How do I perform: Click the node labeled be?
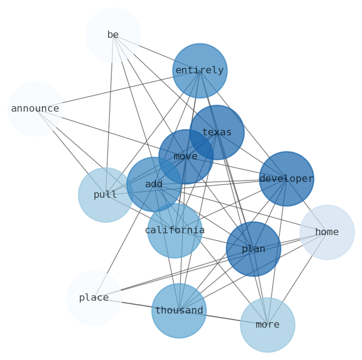point(113,35)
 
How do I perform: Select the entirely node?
point(200,71)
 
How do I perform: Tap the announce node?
point(35,109)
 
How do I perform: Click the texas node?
point(217,133)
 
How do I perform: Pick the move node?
point(186,157)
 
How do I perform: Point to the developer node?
point(286,179)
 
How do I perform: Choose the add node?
point(154,185)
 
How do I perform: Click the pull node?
point(105,195)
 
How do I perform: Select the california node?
point(175,231)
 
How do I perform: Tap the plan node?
point(253,249)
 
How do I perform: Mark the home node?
point(327,232)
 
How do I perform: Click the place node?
point(94,298)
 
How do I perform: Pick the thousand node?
point(179,311)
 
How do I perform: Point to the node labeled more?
point(268,325)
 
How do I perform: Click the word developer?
point(286,179)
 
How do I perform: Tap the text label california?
point(175,231)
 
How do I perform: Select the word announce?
point(35,109)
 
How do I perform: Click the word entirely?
point(200,71)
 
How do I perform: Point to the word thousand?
point(179,311)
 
